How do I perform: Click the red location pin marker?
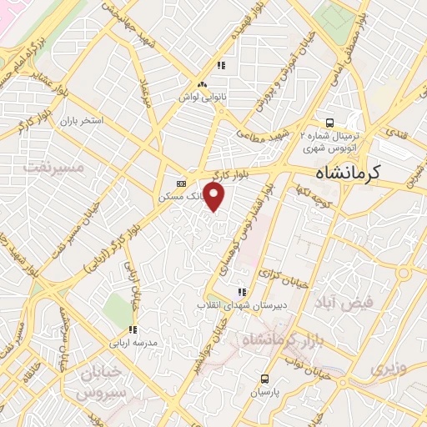coord(214,198)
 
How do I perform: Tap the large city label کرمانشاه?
coord(359,173)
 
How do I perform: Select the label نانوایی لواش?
coord(201,97)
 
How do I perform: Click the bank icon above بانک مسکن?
coord(181,183)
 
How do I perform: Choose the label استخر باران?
coord(80,121)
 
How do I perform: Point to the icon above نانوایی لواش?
coord(201,84)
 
